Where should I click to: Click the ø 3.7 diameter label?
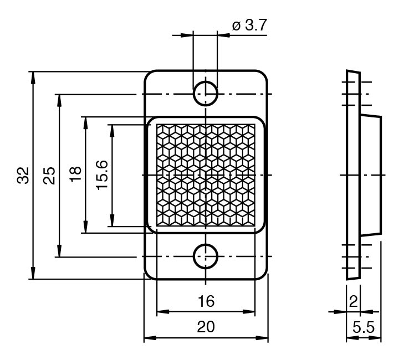(249, 25)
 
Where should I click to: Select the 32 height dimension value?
(23, 175)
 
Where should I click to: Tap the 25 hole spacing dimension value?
(49, 176)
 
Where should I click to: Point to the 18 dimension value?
(75, 174)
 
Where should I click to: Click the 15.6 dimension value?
(102, 175)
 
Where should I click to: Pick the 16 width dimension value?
(206, 301)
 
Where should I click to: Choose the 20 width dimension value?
(206, 327)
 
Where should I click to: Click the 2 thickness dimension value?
(354, 302)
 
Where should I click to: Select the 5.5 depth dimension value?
(364, 327)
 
